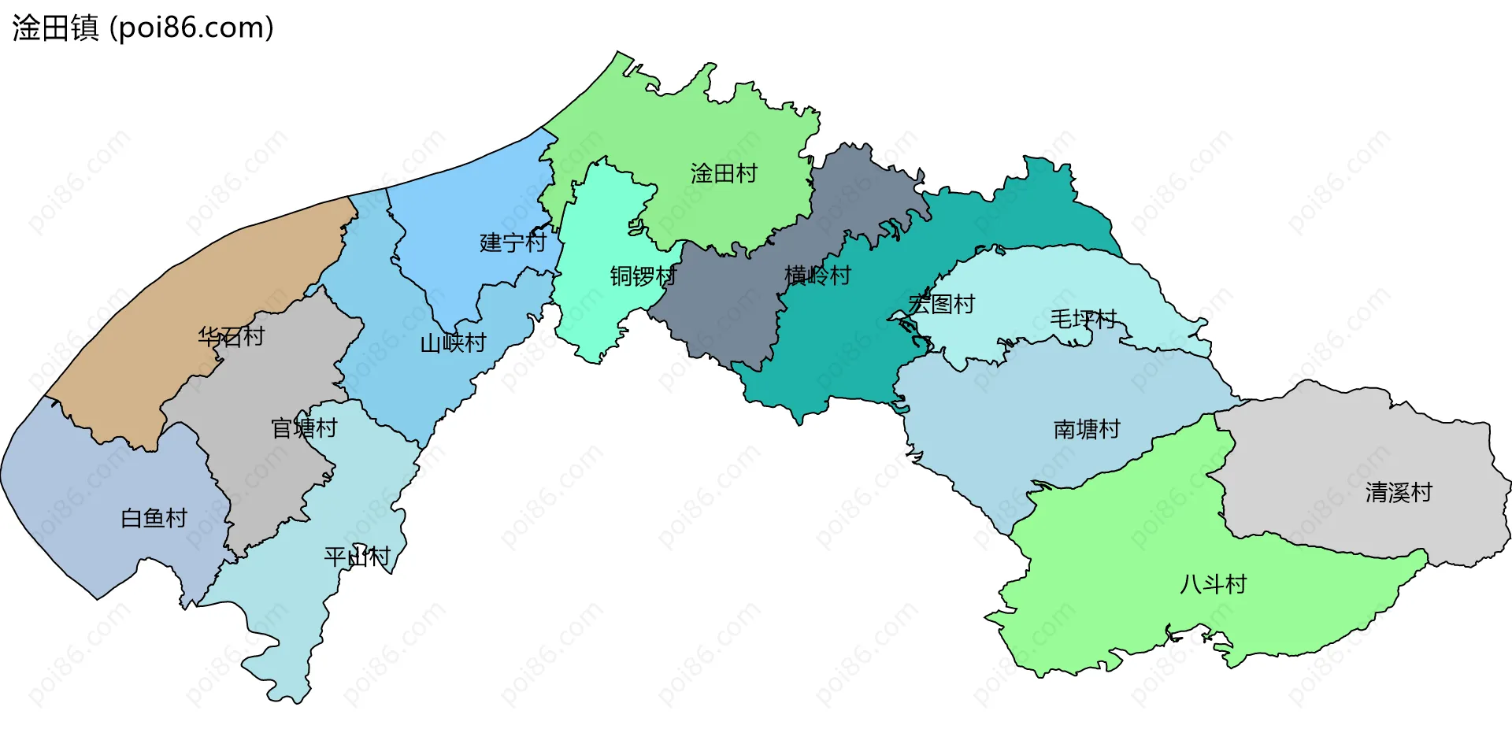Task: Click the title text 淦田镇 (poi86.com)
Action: point(143,28)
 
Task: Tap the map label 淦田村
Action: point(724,173)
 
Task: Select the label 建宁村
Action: point(513,242)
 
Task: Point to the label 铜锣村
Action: point(643,276)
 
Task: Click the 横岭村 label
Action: point(817,276)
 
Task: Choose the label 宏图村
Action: point(942,304)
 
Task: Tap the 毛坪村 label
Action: point(1083,319)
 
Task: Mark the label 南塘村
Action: point(1087,429)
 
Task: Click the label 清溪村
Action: point(1399,493)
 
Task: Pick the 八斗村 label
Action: point(1213,584)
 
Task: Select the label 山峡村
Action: point(453,343)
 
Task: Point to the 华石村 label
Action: point(231,337)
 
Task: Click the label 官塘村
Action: point(304,428)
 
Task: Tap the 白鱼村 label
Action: point(154,518)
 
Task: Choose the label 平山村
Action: point(357,557)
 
